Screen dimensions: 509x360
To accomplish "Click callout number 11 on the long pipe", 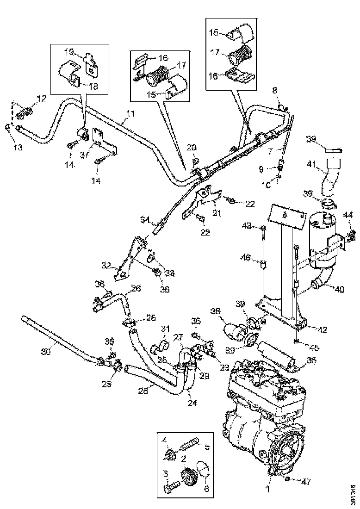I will (x=131, y=112).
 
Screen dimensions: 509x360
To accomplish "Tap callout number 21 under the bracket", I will (x=217, y=213).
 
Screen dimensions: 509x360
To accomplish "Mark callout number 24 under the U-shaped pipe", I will (x=192, y=403).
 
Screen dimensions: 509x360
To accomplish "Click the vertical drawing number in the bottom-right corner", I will (x=354, y=491).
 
